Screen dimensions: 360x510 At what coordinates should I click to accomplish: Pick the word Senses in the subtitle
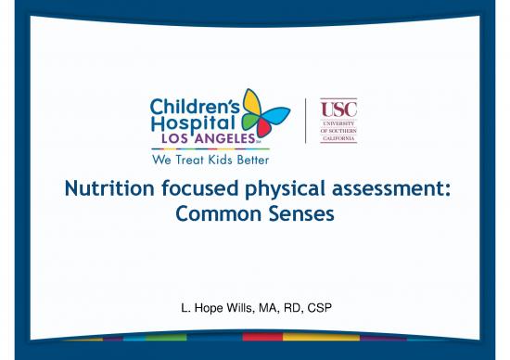pos(300,215)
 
